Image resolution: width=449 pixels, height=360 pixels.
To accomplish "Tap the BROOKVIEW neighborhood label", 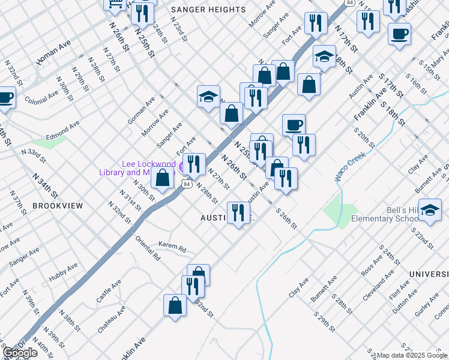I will [x=58, y=206].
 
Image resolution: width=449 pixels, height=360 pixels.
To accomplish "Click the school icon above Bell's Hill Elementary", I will [x=430, y=210].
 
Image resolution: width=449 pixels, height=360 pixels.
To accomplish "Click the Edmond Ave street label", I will [x=63, y=129].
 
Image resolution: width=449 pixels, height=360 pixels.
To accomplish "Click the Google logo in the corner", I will [x=20, y=353].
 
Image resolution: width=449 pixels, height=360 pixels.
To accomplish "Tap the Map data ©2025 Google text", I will [x=411, y=355].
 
